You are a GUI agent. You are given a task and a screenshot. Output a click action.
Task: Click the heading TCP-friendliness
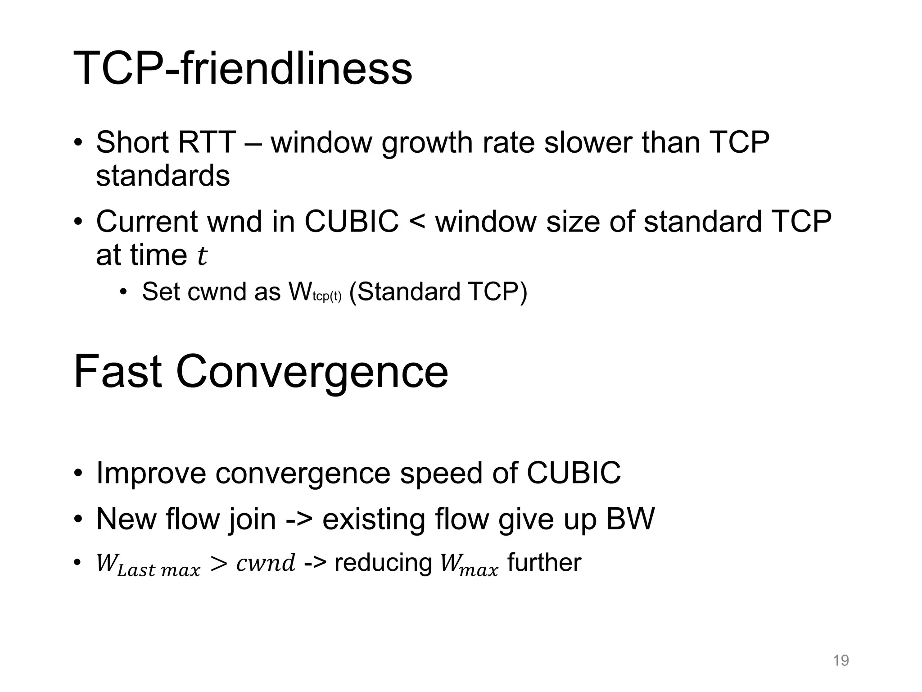pos(243,68)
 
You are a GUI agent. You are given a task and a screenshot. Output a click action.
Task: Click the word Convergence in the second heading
pos(312,372)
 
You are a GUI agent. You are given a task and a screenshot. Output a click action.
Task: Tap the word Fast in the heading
pos(118,372)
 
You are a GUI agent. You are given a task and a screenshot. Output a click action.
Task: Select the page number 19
pos(841,660)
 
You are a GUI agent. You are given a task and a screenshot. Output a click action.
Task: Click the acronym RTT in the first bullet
pos(207,142)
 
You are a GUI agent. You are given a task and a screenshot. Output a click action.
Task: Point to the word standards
pos(163,176)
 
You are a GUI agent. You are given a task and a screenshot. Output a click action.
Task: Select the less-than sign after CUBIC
pos(417,222)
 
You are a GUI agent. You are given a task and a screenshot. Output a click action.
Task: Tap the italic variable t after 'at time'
pos(202,256)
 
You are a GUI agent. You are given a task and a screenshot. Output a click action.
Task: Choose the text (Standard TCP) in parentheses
pos(438,291)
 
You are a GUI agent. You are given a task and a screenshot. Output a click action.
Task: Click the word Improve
pos(153,473)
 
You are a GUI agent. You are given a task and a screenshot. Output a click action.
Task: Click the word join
pos(252,519)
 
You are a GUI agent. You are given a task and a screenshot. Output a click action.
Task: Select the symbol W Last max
pos(148,565)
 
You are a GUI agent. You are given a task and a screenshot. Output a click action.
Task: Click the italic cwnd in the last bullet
pos(266,563)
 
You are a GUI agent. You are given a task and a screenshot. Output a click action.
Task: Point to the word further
pos(544,563)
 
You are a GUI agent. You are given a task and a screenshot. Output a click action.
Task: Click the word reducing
pos(384,563)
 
